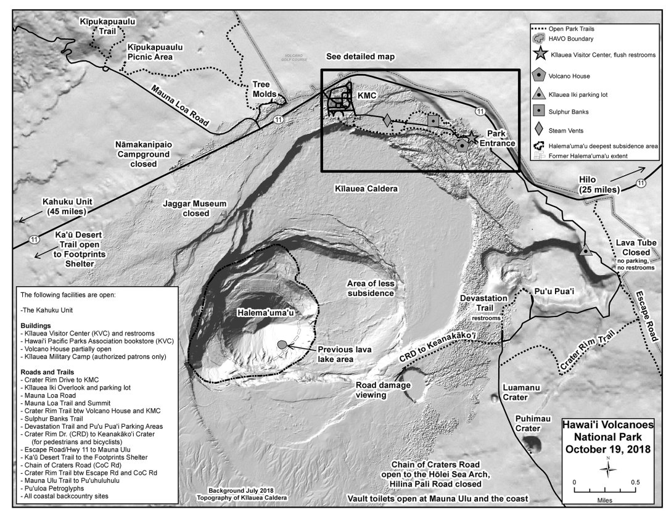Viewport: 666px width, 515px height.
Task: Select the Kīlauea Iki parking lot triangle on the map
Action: pos(585,251)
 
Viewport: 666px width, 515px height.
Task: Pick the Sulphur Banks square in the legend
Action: pos(539,112)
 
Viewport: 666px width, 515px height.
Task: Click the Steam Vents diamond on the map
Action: pos(387,122)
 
